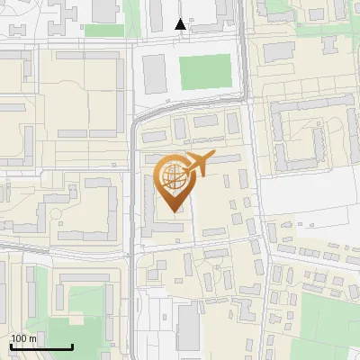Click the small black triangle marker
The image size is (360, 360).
[x=181, y=24]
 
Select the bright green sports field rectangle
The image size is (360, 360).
[x=205, y=72]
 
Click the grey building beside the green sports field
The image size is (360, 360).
[x=155, y=74]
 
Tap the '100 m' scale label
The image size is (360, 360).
[x=23, y=338]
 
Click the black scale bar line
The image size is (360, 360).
[x=41, y=346]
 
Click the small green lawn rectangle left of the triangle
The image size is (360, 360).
[x=103, y=30]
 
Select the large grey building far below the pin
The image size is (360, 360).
[x=188, y=326]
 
